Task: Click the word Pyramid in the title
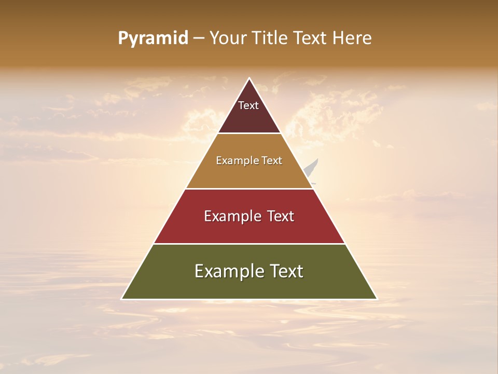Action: (153, 38)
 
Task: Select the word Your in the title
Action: (227, 38)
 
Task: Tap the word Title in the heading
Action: (270, 38)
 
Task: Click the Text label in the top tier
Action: (248, 105)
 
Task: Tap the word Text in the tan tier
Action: (272, 161)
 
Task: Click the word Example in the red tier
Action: (230, 216)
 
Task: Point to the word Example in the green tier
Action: (227, 271)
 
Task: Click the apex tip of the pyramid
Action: (249, 78)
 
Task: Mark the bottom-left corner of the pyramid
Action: (122, 299)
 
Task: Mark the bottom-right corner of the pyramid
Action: (377, 299)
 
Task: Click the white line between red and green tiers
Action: (249, 244)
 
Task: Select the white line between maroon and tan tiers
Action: (249, 133)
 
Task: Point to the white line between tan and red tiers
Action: (249, 189)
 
